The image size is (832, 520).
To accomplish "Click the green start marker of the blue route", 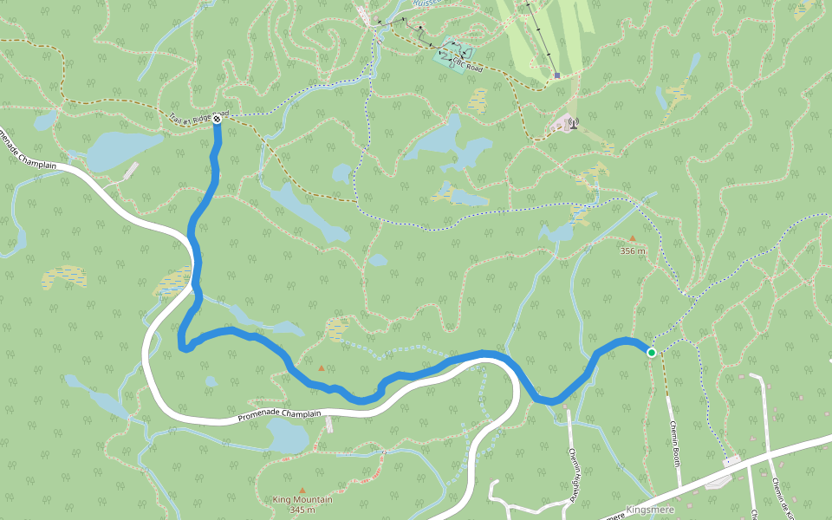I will pos(651,352).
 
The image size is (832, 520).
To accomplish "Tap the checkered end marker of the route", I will pos(216,120).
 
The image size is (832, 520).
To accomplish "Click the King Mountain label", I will pos(302,499).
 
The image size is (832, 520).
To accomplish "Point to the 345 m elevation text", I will pos(302,510).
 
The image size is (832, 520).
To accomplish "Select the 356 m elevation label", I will pos(633,250).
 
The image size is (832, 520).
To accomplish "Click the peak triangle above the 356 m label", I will pos(632,238).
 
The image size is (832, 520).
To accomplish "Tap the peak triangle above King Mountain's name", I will pos(302,490).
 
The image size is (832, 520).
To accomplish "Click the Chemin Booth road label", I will pos(674,443).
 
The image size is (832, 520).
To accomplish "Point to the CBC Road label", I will pos(466,63).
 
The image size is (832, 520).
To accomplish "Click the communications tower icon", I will pos(572,123).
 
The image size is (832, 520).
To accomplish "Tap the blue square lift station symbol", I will pos(556,75).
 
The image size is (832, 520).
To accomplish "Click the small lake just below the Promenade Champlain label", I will pos(289,435).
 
